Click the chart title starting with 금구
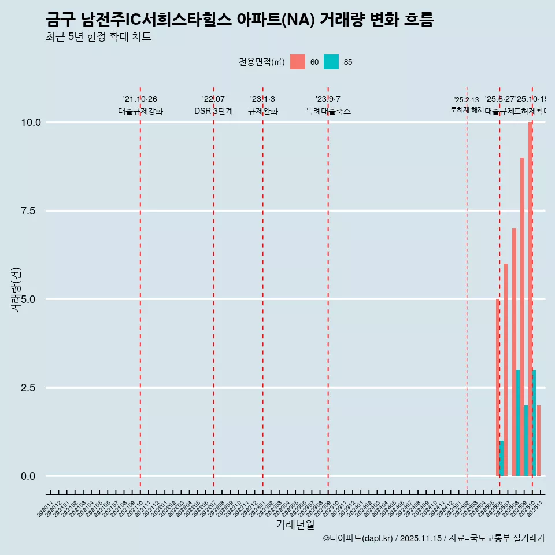(x=239, y=20)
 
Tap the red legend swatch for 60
(x=298, y=62)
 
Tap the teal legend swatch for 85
(x=331, y=62)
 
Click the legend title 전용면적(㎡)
(x=261, y=62)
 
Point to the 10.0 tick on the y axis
(x=31, y=123)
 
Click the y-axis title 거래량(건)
(x=16, y=290)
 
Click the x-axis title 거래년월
(x=295, y=525)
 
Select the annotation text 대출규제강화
(x=140, y=111)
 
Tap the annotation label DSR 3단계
(x=213, y=111)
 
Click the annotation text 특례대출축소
(x=328, y=111)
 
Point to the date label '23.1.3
(x=262, y=99)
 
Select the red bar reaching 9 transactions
(x=522, y=317)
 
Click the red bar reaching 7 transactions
(x=514, y=352)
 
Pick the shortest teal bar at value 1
(x=502, y=458)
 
